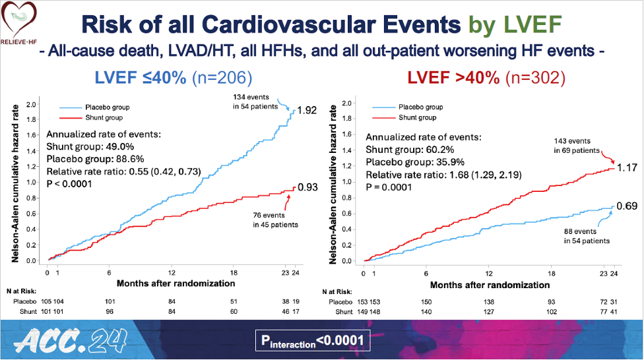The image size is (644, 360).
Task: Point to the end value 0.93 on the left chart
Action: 308,187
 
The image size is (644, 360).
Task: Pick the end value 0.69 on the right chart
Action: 628,206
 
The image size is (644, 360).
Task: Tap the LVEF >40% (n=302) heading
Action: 486,78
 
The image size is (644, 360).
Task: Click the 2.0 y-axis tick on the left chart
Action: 31,104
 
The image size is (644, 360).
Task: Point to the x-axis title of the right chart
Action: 490,285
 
